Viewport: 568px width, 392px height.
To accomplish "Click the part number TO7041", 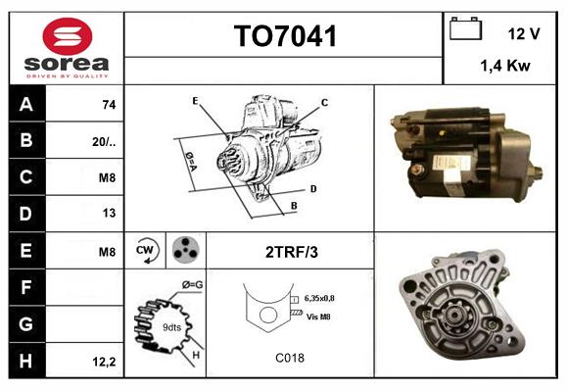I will [285, 37].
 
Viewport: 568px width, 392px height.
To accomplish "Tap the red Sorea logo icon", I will [67, 39].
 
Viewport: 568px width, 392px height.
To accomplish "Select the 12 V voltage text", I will [524, 33].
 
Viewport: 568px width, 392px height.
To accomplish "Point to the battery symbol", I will [465, 30].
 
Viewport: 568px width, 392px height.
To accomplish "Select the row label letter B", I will [26, 140].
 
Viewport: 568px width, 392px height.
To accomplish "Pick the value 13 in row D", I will [107, 213].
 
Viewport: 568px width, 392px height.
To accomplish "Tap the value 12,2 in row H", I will [104, 362].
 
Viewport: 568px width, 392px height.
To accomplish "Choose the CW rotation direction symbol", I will [147, 251].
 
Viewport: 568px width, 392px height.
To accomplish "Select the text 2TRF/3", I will [291, 252].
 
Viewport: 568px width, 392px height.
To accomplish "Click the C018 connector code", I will [290, 359].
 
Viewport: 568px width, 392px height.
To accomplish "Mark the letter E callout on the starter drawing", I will [195, 101].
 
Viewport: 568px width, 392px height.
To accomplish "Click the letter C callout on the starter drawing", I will [324, 103].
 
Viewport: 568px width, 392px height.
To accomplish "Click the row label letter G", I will [26, 322].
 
